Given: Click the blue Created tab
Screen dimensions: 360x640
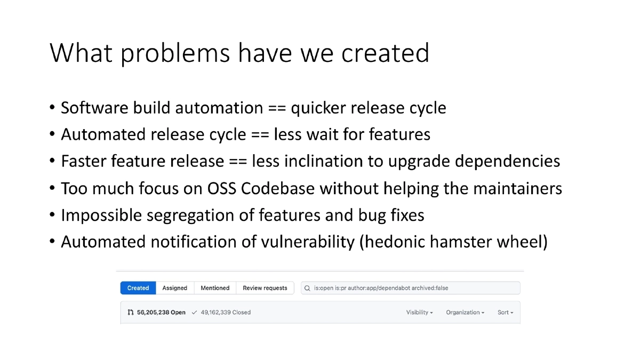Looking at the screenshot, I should (x=138, y=288).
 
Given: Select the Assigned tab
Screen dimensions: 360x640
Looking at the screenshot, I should (x=175, y=288).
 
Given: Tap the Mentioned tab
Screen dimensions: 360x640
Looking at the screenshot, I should (x=215, y=288).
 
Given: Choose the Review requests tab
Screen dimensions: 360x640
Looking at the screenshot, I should (x=265, y=288).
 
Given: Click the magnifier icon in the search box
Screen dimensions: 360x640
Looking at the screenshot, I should (x=307, y=288).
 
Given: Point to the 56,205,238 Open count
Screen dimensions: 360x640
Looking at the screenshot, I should (x=161, y=313).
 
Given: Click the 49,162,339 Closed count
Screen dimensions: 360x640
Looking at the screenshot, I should (x=226, y=313).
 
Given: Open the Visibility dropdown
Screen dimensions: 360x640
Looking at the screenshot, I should (x=419, y=313).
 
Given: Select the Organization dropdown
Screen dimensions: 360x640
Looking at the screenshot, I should (x=465, y=313).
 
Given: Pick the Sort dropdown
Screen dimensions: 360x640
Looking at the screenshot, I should (x=505, y=313).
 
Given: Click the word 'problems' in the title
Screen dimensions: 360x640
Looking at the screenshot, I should (x=175, y=53).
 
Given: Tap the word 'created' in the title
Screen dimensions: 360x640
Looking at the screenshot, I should (x=385, y=53).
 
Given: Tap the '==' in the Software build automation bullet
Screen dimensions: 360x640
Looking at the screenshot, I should (x=277, y=108).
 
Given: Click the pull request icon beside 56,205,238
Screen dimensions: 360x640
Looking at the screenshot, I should (x=131, y=313).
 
